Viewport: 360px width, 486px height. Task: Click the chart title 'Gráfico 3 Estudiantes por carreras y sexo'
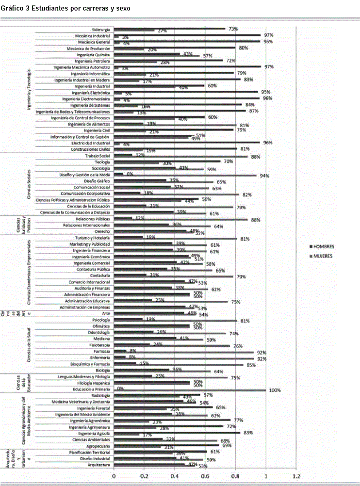click(65, 9)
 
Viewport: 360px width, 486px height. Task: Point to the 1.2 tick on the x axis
click(296, 476)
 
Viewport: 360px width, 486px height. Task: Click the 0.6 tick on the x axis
click(205, 476)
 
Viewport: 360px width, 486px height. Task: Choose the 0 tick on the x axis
click(114, 476)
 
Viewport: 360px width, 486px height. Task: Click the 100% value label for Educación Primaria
click(275, 390)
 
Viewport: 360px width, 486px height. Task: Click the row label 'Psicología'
click(100, 320)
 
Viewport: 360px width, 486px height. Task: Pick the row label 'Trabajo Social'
click(98, 156)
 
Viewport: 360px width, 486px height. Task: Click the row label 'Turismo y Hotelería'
click(92, 238)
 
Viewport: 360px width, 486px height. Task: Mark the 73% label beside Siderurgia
click(233, 29)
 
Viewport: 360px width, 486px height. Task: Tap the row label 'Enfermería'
click(99, 358)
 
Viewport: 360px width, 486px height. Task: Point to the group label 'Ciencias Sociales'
click(30, 184)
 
